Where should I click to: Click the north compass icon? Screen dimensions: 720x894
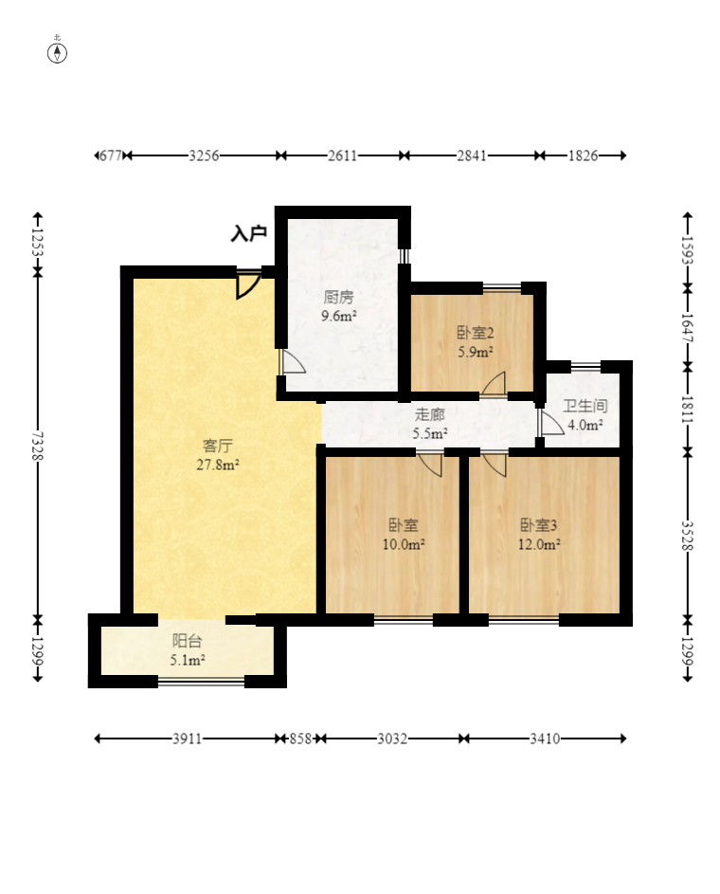tap(57, 52)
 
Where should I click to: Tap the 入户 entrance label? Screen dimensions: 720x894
tap(249, 233)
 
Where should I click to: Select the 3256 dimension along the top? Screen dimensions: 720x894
tap(204, 155)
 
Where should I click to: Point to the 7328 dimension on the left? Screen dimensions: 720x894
tap(38, 445)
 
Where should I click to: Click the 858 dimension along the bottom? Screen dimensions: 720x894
tap(300, 739)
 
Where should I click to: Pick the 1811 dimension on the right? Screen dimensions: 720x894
tap(688, 409)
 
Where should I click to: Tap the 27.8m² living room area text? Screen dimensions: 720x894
tap(218, 465)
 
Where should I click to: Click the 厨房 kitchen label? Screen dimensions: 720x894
tap(339, 297)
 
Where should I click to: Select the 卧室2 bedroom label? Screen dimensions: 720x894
tap(475, 333)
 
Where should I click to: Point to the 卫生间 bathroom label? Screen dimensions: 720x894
tap(585, 406)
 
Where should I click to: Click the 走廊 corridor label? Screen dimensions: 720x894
tap(429, 414)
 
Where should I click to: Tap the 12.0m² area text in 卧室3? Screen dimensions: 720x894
tap(539, 544)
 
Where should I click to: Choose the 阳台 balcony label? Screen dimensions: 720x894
tap(187, 641)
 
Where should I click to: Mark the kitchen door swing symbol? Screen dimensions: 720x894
tap(293, 362)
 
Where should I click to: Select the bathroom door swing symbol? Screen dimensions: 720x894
tap(550, 423)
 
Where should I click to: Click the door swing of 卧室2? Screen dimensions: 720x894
tap(494, 383)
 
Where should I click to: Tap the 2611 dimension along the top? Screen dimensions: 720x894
tap(342, 155)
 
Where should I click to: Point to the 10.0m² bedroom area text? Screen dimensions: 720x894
tap(404, 544)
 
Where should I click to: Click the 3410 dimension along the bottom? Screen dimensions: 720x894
tap(545, 739)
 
